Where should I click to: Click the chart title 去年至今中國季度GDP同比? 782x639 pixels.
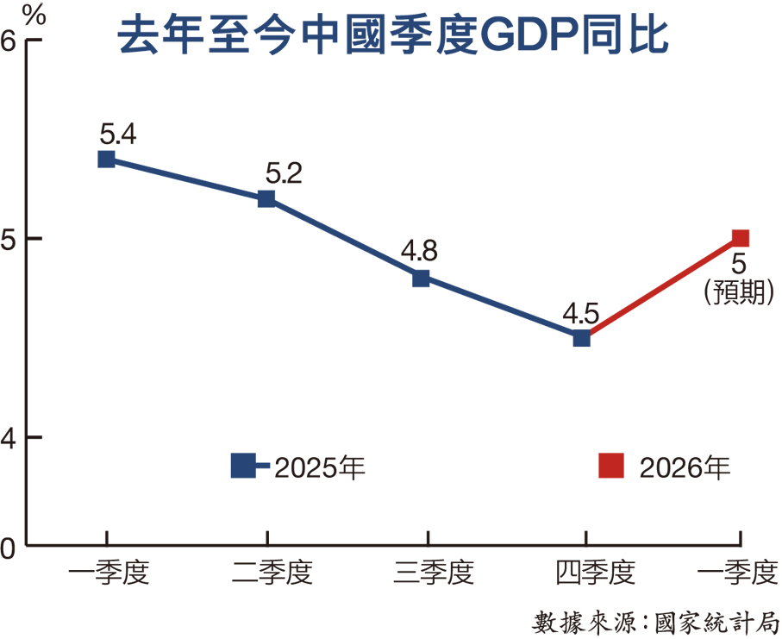coord(392,36)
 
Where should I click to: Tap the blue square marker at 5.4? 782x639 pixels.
coord(107,159)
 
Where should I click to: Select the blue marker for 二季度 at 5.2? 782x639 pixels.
coord(266,199)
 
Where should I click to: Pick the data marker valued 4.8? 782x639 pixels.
coord(421,279)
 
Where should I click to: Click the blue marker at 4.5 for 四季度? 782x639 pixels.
coord(582,338)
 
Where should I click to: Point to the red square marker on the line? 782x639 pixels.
coord(740,238)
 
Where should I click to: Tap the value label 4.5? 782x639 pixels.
coord(580,313)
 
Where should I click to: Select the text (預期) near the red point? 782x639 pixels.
coord(739,292)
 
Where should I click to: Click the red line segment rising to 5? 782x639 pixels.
coord(661,288)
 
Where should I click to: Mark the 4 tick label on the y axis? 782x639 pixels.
coord(10,437)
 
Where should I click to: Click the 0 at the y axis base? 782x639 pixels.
coord(10,547)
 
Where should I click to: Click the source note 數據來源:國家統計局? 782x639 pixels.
coord(657,621)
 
